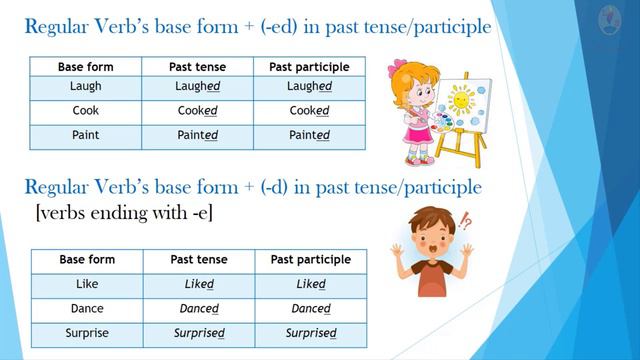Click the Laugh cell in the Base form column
click(86, 87)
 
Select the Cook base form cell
click(86, 112)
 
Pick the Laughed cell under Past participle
click(310, 87)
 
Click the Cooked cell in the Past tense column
click(198, 112)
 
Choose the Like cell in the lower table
click(87, 284)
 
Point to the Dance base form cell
click(87, 309)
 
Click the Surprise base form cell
click(87, 334)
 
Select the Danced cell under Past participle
click(311, 309)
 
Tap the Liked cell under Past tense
click(199, 284)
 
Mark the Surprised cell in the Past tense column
click(199, 334)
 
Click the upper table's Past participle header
click(310, 67)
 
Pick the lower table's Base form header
click(87, 260)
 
